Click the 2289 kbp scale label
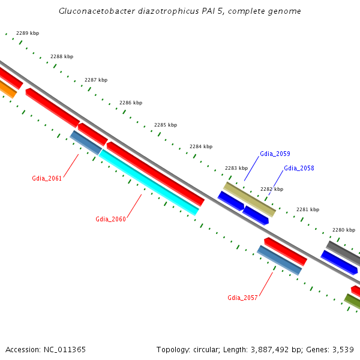click(x=27, y=33)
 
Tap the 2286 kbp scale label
click(x=131, y=103)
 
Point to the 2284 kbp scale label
click(x=200, y=146)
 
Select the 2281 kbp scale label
click(x=307, y=209)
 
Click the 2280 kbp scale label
click(x=344, y=230)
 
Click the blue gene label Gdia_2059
click(x=275, y=154)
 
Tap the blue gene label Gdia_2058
click(x=299, y=168)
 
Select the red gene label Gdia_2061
click(x=47, y=178)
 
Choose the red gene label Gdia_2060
click(x=110, y=219)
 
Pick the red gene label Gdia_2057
click(x=242, y=298)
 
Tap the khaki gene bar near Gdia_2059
click(x=250, y=199)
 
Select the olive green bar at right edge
click(x=352, y=302)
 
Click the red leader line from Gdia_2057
click(x=265, y=283)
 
